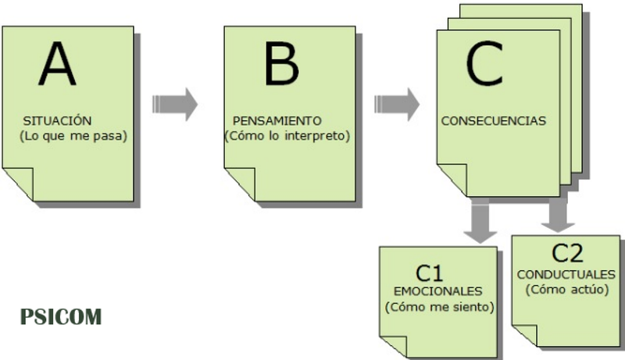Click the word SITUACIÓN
(x=58, y=121)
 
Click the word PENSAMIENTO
(x=277, y=121)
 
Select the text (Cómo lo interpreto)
(x=287, y=136)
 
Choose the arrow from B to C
(x=396, y=104)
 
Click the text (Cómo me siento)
(x=440, y=307)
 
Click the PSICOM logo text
(x=61, y=319)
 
